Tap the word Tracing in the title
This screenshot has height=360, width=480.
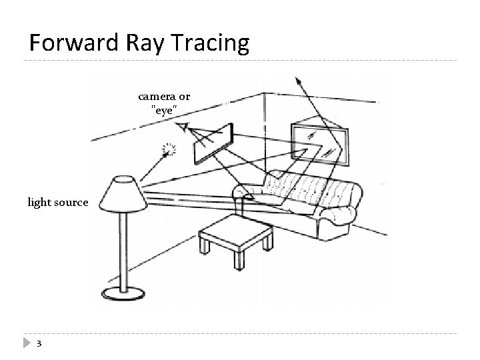pyautogui.click(x=211, y=44)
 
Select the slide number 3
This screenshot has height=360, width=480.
pyautogui.click(x=39, y=343)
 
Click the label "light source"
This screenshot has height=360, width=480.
pyautogui.click(x=57, y=201)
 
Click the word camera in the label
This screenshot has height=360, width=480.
pyautogui.click(x=154, y=98)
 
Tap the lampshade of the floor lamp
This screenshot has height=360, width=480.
pyautogui.click(x=121, y=193)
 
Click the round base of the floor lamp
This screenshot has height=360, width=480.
pyautogui.click(x=123, y=292)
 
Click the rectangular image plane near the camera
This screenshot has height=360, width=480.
pyautogui.click(x=213, y=143)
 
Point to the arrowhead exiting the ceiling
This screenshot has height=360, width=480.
pyautogui.click(x=298, y=81)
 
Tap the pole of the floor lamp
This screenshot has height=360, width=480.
pyautogui.click(x=122, y=247)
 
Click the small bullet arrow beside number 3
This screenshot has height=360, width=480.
pyautogui.click(x=25, y=343)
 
